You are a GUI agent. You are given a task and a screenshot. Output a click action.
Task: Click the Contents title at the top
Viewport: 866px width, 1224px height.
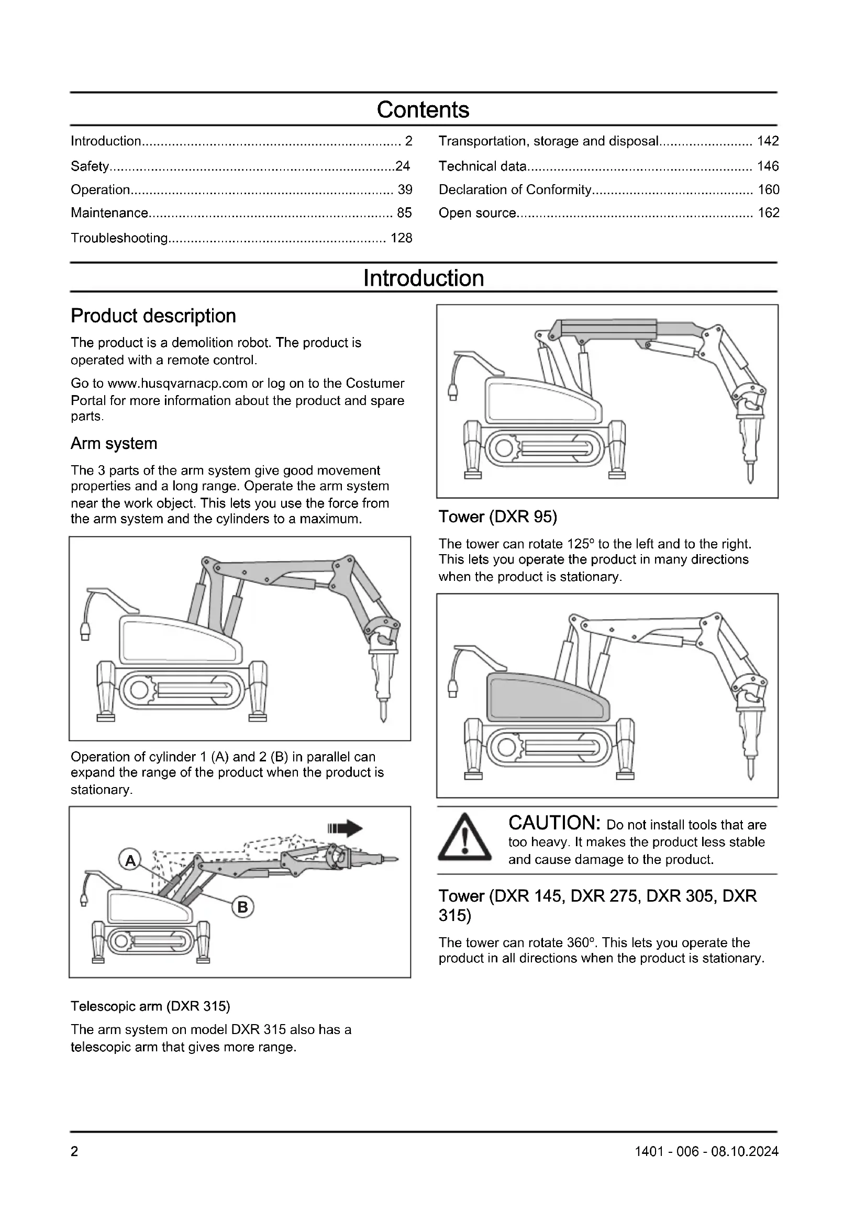(x=423, y=110)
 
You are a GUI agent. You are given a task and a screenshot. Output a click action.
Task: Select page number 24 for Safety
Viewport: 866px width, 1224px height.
(x=403, y=166)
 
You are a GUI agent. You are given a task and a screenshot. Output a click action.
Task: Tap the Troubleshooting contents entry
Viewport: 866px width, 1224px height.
(x=119, y=238)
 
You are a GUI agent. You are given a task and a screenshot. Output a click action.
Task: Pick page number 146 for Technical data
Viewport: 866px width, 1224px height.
(x=768, y=166)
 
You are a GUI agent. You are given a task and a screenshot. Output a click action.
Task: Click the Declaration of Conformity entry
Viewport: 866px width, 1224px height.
(x=515, y=190)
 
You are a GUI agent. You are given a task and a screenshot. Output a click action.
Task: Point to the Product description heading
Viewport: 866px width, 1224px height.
(x=153, y=316)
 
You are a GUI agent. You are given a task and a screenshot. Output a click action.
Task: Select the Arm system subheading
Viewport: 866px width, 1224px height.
(x=114, y=444)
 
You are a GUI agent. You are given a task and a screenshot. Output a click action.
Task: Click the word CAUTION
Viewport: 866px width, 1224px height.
(x=554, y=823)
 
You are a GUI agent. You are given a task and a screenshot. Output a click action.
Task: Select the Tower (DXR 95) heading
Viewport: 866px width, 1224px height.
(x=497, y=516)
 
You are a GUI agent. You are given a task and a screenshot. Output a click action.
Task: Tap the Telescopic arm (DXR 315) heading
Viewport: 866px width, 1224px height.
(x=150, y=1006)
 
